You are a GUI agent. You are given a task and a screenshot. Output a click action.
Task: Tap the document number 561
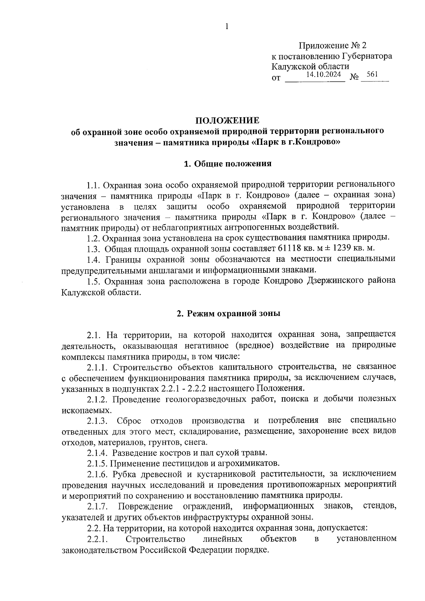tap(372, 74)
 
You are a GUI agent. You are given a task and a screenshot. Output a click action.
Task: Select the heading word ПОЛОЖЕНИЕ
tap(228, 121)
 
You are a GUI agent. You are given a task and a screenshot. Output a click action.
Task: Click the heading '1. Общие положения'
tap(228, 164)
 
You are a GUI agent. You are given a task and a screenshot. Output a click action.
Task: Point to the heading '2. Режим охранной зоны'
tap(228, 313)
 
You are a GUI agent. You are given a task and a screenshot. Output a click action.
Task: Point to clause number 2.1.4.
tap(97, 453)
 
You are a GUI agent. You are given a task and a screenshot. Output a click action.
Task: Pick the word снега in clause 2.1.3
tap(197, 442)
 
